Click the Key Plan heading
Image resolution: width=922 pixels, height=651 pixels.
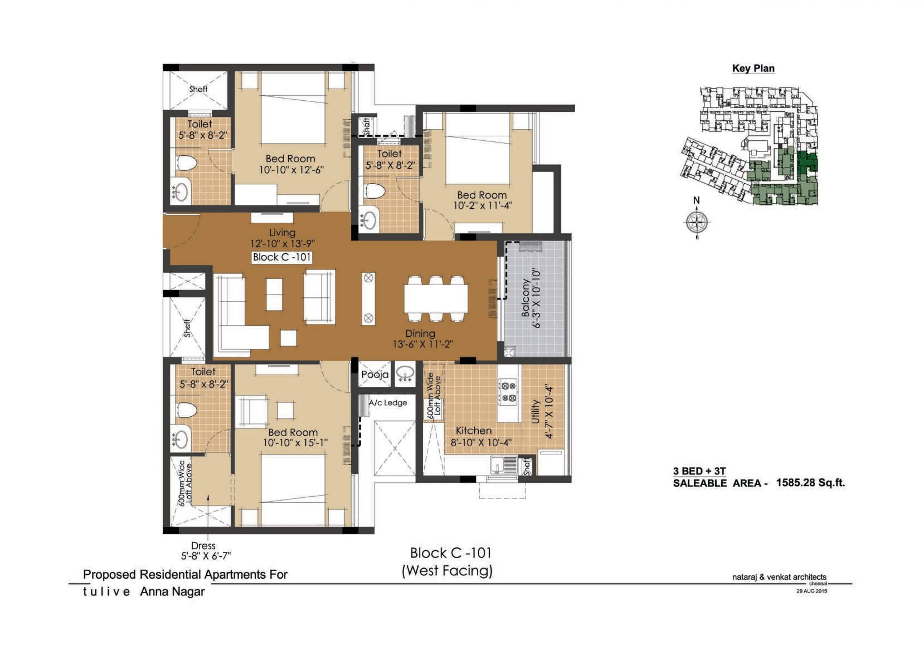753,69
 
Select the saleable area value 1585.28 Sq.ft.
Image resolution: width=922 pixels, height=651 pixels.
810,483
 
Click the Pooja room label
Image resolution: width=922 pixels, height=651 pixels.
375,375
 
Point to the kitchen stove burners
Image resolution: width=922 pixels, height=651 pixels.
507,392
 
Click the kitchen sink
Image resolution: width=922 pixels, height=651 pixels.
504,465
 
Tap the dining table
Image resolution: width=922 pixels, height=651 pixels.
436,299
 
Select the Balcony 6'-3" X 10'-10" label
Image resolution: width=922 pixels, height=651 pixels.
531,299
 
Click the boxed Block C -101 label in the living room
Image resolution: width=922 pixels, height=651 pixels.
282,257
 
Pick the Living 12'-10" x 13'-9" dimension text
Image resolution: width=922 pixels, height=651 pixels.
282,238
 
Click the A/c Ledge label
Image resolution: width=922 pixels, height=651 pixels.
388,403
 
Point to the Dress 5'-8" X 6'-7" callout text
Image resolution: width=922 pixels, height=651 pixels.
206,551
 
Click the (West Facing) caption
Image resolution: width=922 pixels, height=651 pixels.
447,571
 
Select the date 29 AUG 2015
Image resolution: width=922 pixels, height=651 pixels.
811,591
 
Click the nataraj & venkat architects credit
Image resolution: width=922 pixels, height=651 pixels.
779,577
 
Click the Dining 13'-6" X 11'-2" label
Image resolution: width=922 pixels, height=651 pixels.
423,339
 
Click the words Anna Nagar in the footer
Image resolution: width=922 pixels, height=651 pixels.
172,592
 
